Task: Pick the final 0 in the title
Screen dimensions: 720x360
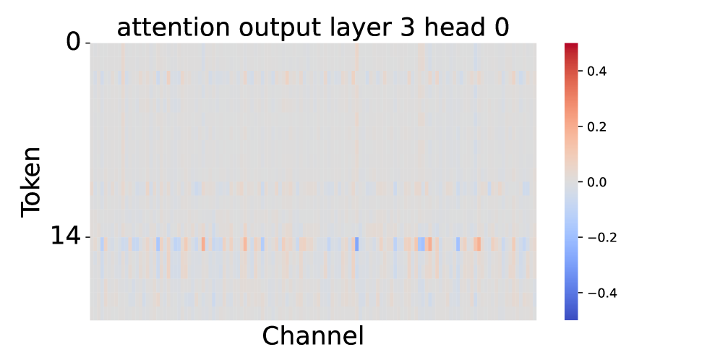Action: [x=501, y=27]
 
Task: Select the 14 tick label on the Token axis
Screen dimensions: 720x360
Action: [x=65, y=237]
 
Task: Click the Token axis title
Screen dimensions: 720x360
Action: [x=31, y=182]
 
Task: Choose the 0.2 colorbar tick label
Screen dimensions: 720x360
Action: [x=597, y=127]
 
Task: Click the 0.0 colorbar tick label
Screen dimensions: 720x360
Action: [x=597, y=182]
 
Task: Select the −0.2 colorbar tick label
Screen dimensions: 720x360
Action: [x=601, y=237]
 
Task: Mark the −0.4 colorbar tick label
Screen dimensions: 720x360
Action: [x=601, y=293]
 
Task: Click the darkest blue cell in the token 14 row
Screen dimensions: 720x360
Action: [x=357, y=244]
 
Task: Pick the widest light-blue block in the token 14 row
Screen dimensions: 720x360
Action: [x=421, y=244]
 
